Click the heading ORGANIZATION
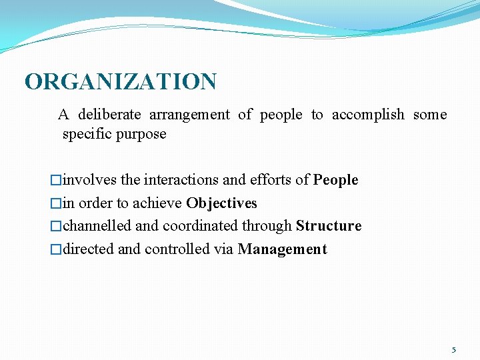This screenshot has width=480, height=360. tap(121, 82)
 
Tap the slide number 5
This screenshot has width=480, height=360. tap(454, 349)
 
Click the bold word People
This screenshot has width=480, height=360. tap(336, 180)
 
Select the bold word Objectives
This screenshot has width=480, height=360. tap(221, 203)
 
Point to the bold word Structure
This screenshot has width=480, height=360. tap(329, 226)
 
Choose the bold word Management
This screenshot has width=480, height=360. tap(282, 249)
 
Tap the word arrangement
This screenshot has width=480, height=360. tap(189, 115)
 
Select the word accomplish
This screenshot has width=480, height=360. tap(368, 115)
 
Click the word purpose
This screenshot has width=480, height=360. tap(142, 134)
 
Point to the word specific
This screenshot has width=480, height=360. tap(87, 134)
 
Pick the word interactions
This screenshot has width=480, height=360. tap(181, 180)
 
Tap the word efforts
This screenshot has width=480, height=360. tap(271, 180)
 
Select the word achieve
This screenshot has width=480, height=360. tap(159, 203)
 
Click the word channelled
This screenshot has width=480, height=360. tap(97, 226)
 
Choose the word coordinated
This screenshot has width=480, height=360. tap(203, 226)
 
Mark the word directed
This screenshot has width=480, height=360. tap(89, 249)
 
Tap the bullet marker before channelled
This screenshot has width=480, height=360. tap(56, 226)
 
